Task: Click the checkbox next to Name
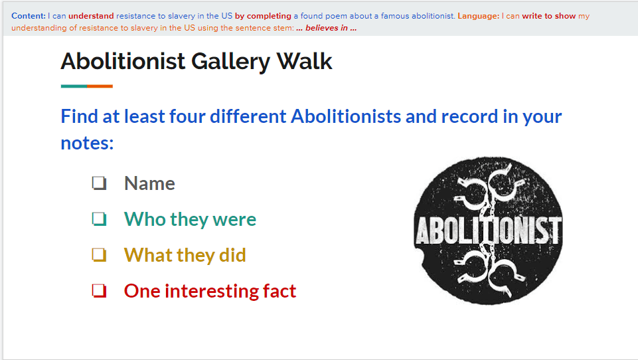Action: point(100,183)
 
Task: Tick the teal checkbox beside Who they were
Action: point(100,219)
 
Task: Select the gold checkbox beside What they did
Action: point(100,255)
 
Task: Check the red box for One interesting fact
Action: point(100,291)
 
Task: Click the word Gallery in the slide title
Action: point(230,62)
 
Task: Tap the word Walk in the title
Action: point(304,62)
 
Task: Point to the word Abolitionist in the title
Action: point(123,62)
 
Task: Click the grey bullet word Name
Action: point(149,183)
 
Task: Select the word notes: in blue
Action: point(87,143)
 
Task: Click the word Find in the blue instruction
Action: point(79,116)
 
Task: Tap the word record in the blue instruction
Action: point(469,116)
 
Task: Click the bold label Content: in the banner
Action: point(29,16)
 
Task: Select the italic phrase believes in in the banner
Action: point(327,28)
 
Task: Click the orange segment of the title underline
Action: point(100,86)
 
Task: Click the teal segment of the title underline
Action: point(74,86)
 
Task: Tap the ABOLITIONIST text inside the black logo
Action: point(488,230)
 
